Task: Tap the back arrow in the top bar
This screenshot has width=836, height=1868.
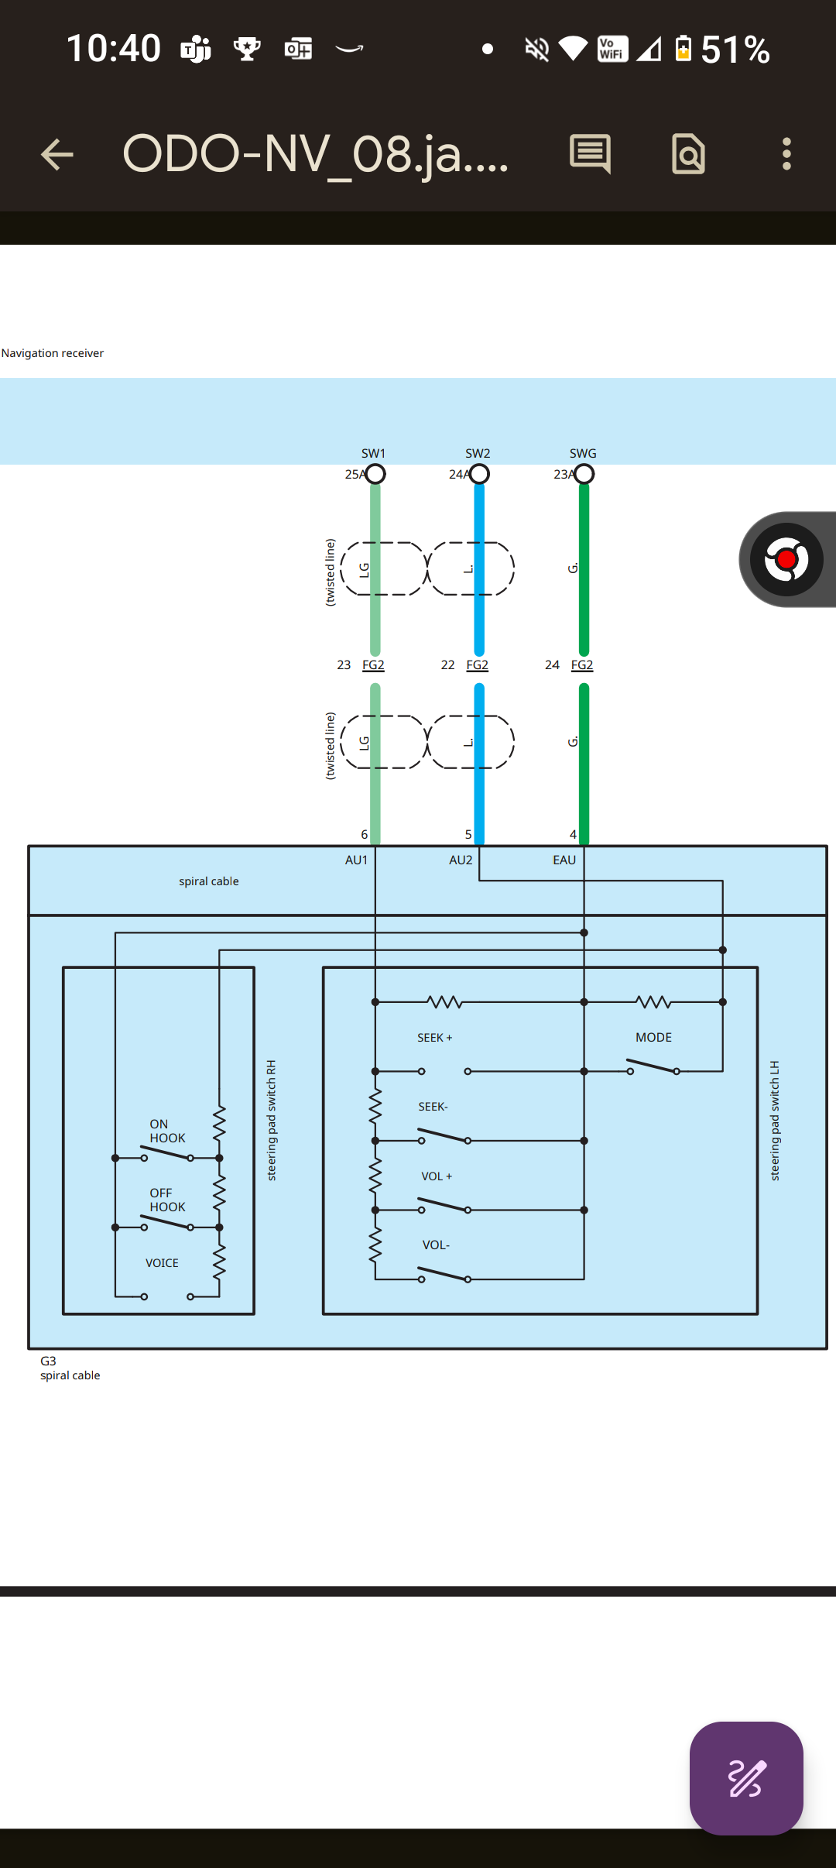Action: pos(57,154)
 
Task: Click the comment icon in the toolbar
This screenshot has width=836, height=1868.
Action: pos(591,153)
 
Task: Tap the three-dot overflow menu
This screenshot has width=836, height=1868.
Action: pos(786,154)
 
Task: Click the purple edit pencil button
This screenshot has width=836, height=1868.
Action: pos(746,1778)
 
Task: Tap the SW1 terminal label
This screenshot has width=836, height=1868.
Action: pos(373,453)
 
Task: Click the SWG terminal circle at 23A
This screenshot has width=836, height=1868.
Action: pos(584,474)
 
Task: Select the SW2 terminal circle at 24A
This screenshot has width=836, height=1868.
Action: pos(480,474)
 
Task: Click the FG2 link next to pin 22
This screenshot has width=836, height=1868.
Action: pos(478,665)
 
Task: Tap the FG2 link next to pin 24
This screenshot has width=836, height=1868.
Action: pos(582,665)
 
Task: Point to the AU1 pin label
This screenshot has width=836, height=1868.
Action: pos(356,860)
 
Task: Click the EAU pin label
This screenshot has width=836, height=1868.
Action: pos(564,860)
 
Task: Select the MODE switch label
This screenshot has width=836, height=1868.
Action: pos(653,1037)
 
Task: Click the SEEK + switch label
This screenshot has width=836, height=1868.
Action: pos(435,1038)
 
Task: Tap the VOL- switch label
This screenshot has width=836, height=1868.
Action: pos(436,1245)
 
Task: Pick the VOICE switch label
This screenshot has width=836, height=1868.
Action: pos(162,1263)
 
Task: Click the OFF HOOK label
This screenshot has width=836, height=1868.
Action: pos(167,1200)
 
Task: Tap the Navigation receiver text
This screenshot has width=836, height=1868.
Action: pos(53,353)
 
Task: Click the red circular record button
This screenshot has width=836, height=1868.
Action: pos(786,559)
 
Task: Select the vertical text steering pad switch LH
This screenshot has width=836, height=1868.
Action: pos(775,1121)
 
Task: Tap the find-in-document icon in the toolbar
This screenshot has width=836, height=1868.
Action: pos(688,154)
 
